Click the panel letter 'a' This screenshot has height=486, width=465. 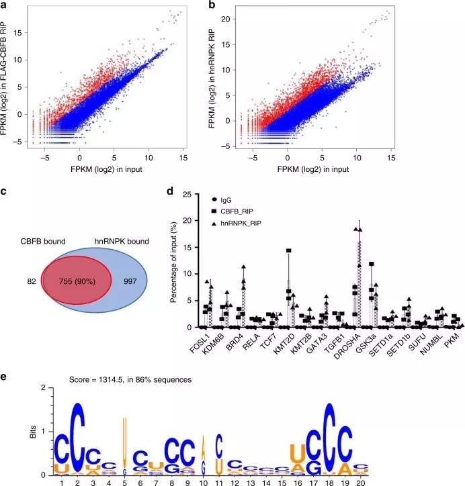coord(5,5)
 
